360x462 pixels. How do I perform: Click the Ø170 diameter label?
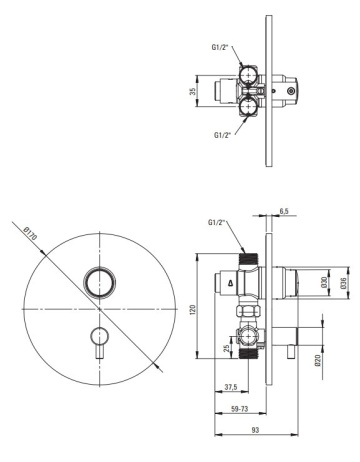(31, 233)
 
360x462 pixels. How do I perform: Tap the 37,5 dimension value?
(231, 387)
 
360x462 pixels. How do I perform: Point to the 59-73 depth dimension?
(240, 409)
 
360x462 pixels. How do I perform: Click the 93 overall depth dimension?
(255, 430)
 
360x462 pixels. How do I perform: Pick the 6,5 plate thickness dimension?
(284, 211)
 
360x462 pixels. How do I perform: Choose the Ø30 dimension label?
(324, 282)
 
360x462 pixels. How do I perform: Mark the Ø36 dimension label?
(343, 282)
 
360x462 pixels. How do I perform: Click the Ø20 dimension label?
(317, 361)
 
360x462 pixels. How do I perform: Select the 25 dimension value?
(227, 348)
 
